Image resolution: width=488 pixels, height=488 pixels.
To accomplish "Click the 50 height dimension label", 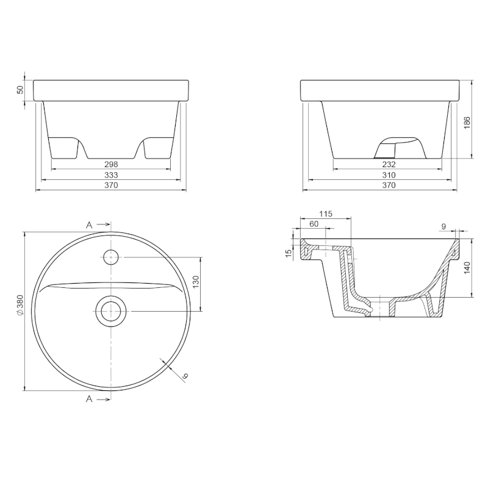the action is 21,90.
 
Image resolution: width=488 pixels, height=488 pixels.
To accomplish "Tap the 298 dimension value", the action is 111,164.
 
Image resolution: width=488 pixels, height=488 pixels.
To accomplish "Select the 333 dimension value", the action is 111,175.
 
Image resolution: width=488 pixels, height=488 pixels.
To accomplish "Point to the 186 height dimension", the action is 467,123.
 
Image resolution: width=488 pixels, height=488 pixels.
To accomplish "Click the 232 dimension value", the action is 389,164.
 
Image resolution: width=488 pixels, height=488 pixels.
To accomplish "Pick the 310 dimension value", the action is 389,175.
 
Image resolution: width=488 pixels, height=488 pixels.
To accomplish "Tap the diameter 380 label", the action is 20,306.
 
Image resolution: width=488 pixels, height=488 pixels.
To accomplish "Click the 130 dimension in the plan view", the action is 196,282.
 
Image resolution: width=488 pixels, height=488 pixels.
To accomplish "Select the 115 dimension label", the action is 326,214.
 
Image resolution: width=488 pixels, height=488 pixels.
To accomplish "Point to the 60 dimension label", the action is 314,224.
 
